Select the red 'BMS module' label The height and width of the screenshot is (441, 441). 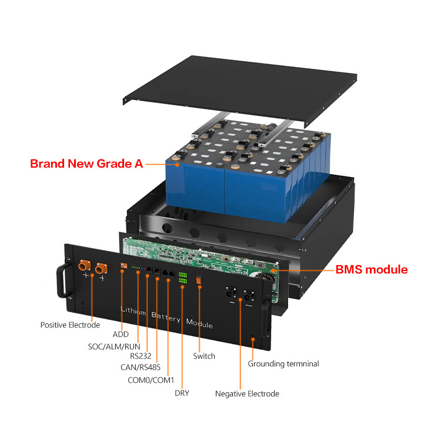tap(371, 270)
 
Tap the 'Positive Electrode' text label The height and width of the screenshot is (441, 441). tap(70, 325)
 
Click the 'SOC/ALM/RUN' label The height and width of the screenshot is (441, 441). tap(110, 346)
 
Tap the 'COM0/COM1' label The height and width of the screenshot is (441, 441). tap(151, 380)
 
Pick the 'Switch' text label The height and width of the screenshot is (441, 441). tap(204, 356)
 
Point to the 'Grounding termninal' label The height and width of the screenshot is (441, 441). tap(283, 363)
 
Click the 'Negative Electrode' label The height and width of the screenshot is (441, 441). tap(247, 393)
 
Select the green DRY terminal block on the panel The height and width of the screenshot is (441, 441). tap(183, 278)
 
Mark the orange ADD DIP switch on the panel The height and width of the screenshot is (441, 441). tap(123, 265)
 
